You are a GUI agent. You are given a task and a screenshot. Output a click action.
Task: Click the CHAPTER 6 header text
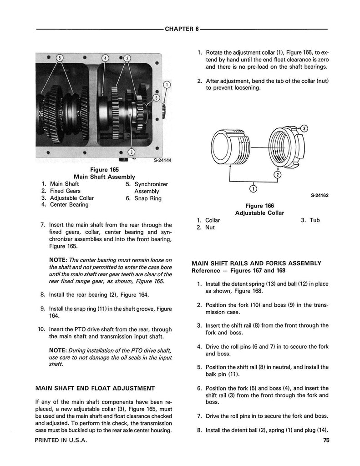tap(182, 29)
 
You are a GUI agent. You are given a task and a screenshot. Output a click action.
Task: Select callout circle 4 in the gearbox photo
tap(105, 58)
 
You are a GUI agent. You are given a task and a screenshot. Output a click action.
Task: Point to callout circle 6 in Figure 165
tap(157, 97)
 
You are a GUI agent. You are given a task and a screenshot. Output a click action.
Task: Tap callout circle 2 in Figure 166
tap(277, 174)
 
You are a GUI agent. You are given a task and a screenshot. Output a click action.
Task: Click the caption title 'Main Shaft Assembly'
tap(104, 177)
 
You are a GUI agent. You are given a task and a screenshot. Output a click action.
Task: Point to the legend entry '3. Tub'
tap(310, 220)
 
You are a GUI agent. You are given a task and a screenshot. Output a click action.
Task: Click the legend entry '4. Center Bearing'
tap(65, 205)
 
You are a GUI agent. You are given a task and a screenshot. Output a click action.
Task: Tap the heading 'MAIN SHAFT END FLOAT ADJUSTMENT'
tap(95, 388)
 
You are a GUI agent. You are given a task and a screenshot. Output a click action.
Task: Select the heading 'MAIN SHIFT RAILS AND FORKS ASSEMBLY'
tap(256, 263)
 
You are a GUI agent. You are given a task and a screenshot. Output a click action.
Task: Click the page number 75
tap(326, 440)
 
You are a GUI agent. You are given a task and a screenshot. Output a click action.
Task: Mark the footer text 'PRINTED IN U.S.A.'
tap(61, 441)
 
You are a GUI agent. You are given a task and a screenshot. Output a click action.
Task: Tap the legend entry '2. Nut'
tap(206, 227)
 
